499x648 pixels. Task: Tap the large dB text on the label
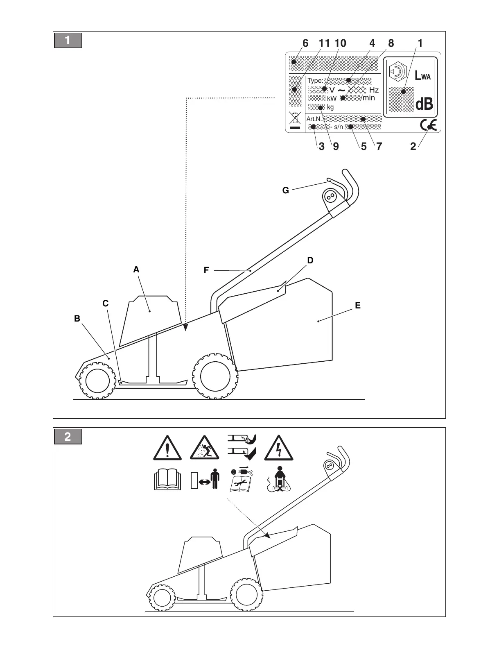pos(424,104)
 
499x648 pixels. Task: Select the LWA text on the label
pos(422,76)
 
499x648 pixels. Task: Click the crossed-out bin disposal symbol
pos(295,120)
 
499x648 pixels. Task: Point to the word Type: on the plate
pos(315,81)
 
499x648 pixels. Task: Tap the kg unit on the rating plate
pos(330,107)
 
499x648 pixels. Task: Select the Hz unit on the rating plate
pos(374,90)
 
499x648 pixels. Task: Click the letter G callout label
pos(286,190)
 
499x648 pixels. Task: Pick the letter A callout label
pos(136,270)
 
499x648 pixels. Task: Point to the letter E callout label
pos(358,306)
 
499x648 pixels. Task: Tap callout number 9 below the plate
pos(336,146)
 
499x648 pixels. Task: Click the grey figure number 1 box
pos(68,41)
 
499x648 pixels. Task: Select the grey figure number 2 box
pos(68,437)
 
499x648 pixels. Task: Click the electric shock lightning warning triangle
pos(279,448)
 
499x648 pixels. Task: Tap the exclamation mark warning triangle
pos(167,448)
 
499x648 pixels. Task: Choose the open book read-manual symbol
pos(166,480)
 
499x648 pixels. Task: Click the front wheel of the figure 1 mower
pos(97,380)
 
